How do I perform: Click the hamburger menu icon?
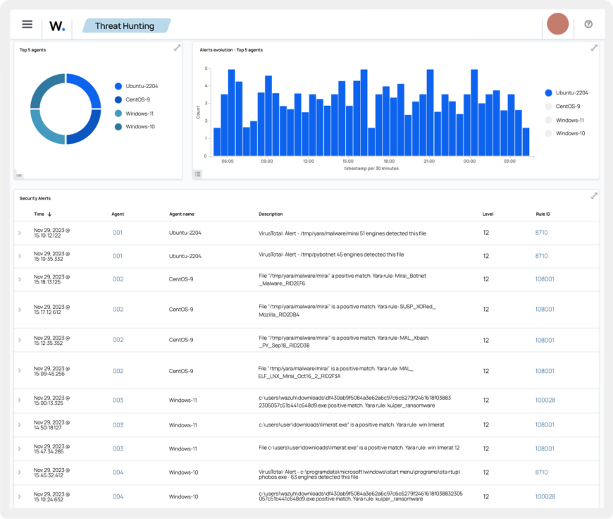pyautogui.click(x=27, y=25)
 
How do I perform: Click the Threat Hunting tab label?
pyautogui.click(x=125, y=26)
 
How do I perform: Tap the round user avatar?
pyautogui.click(x=558, y=24)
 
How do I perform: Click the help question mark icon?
pyautogui.click(x=588, y=25)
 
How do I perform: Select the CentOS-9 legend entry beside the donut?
pyautogui.click(x=138, y=99)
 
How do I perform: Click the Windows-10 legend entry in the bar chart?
pyautogui.click(x=569, y=133)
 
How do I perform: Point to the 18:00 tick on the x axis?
pyautogui.click(x=388, y=161)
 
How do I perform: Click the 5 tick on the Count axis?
pyautogui.click(x=206, y=69)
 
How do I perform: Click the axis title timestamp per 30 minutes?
pyautogui.click(x=371, y=169)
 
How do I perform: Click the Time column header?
pyautogui.click(x=39, y=214)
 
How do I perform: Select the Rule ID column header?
pyautogui.click(x=543, y=214)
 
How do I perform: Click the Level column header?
pyautogui.click(x=488, y=214)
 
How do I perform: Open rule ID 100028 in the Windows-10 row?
pyautogui.click(x=545, y=496)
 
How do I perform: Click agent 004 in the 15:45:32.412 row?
pyautogui.click(x=118, y=472)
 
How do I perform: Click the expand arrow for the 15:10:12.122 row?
pyautogui.click(x=20, y=233)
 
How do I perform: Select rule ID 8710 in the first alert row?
pyautogui.click(x=541, y=233)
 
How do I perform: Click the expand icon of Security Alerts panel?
pyautogui.click(x=594, y=196)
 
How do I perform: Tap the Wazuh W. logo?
pyautogui.click(x=57, y=26)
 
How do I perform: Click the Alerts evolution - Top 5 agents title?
pyautogui.click(x=231, y=50)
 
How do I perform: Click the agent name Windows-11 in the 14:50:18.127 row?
pyautogui.click(x=183, y=425)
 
